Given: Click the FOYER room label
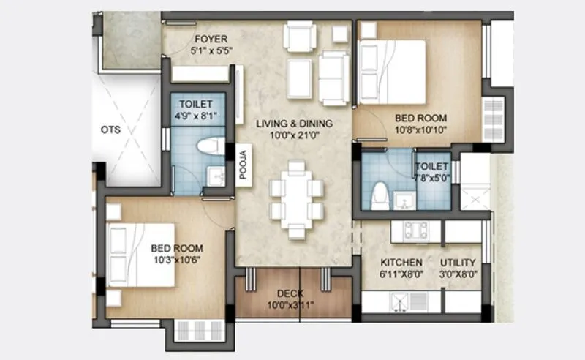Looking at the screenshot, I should tap(210, 39).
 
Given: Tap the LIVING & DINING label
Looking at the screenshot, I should tap(294, 123).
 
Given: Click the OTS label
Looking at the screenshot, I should tap(110, 130).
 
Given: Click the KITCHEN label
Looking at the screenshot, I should tap(401, 263).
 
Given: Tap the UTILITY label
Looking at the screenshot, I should tap(458, 263).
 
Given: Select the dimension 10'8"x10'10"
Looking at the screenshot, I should tap(420, 130).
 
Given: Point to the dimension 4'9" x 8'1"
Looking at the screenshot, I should tap(195, 116).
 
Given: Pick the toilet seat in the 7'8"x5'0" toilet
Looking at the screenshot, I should tap(379, 195).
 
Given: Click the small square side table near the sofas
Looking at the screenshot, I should tap(340, 33).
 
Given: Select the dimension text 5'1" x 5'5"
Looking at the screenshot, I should tap(210, 52).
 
